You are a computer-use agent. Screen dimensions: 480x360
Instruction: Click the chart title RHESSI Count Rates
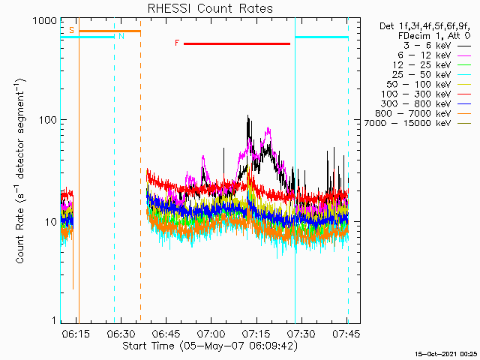(210, 8)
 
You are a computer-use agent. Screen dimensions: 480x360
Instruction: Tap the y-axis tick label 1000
(45, 21)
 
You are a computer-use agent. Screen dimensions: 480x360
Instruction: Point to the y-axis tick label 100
(48, 120)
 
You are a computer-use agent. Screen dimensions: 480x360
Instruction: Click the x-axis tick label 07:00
(211, 333)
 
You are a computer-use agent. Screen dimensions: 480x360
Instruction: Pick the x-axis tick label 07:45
(346, 333)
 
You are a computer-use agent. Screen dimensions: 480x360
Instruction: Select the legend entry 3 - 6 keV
(427, 46)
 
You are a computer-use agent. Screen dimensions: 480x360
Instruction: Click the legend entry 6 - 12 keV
(424, 55)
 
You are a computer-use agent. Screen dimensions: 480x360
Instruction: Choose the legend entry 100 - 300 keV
(415, 94)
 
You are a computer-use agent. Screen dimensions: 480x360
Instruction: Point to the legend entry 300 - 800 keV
(415, 104)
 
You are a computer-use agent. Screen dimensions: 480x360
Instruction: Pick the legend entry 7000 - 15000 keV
(407, 123)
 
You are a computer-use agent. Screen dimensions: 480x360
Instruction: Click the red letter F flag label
(177, 43)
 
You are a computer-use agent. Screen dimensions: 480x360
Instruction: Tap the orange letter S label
(72, 30)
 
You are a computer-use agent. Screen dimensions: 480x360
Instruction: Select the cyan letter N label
(121, 37)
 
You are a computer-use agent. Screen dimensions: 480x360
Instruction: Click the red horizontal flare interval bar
(237, 43)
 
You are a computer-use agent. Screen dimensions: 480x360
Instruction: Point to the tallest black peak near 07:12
(247, 115)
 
